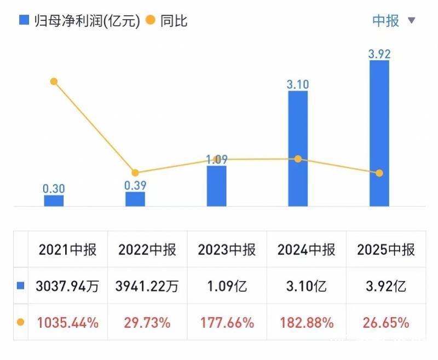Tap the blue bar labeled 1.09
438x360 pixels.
pyautogui.click(x=216, y=186)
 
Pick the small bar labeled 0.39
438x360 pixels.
pyautogui.click(x=135, y=199)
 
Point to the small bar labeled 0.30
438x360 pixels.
pyautogui.click(x=54, y=201)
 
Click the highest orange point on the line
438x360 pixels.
pyautogui.click(x=54, y=82)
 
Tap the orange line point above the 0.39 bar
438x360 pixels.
pyautogui.click(x=135, y=173)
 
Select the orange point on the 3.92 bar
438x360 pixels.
pyautogui.click(x=379, y=173)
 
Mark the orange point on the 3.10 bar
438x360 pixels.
pyautogui.click(x=298, y=159)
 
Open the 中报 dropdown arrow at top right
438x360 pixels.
pyautogui.click(x=412, y=21)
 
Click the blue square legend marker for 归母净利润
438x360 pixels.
pyautogui.click(x=24, y=20)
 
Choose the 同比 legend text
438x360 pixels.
pyautogui.click(x=174, y=21)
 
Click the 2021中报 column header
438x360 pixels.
pyautogui.click(x=67, y=250)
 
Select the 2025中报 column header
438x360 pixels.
pyautogui.click(x=386, y=250)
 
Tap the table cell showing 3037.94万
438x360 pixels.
pyautogui.click(x=68, y=286)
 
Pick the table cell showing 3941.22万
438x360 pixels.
pyautogui.click(x=147, y=286)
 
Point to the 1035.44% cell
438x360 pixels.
pyautogui.click(x=68, y=323)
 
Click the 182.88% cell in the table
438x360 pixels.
pyautogui.click(x=306, y=323)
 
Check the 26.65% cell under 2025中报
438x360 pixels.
pyautogui.click(x=386, y=323)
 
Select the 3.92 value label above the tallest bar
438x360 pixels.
pyautogui.click(x=379, y=54)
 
